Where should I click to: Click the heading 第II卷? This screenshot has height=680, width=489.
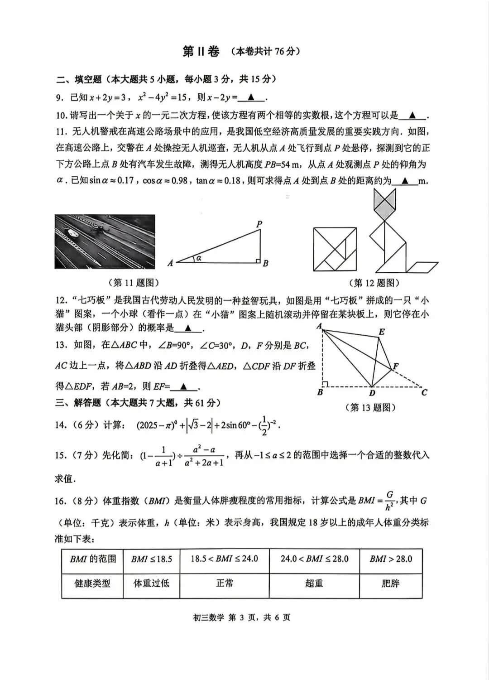click(x=201, y=52)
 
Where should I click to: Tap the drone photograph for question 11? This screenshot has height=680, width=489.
click(x=105, y=241)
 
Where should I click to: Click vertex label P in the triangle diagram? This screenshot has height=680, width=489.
click(x=259, y=224)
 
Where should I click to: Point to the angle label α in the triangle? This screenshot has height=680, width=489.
click(x=199, y=258)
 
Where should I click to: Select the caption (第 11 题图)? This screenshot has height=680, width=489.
click(x=134, y=283)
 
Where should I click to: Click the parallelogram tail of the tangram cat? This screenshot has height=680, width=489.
click(x=422, y=267)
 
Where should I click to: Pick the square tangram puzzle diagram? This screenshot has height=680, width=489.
click(x=335, y=249)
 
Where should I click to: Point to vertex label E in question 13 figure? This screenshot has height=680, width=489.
click(x=382, y=332)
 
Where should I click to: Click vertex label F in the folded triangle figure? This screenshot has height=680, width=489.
click(x=396, y=367)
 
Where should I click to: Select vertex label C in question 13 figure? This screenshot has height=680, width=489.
click(x=424, y=392)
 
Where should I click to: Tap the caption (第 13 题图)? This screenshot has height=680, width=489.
click(x=373, y=408)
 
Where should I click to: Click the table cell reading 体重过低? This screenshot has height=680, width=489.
click(x=151, y=583)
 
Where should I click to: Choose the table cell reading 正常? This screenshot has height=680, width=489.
click(x=225, y=583)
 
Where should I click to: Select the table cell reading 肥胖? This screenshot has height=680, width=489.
click(x=390, y=583)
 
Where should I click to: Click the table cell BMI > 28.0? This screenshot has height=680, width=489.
click(x=391, y=559)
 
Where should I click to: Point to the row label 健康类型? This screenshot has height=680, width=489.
click(x=92, y=583)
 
